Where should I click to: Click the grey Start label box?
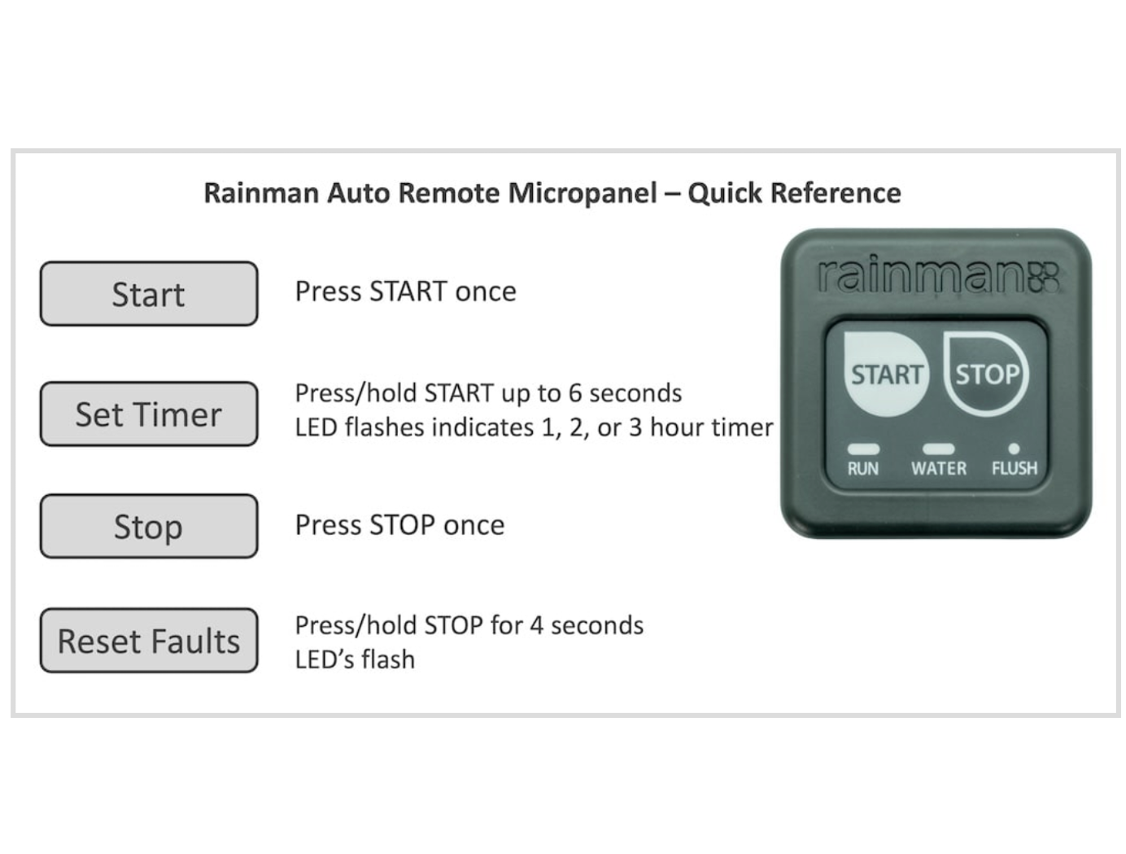point(149,294)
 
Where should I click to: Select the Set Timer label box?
point(149,414)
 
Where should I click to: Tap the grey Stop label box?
point(149,526)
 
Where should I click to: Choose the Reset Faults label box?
point(149,641)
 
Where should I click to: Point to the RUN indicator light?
point(863,449)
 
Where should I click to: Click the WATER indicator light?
point(938,449)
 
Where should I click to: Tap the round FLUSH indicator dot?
point(1014,449)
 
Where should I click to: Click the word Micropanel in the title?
point(583,194)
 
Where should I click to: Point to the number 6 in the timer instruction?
point(575,394)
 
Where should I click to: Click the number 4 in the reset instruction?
point(536,625)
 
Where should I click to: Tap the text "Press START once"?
point(406,291)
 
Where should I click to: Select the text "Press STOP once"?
point(399,525)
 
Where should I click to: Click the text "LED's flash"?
point(355,659)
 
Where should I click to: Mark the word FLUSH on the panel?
point(1015,468)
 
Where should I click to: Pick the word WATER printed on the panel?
point(939,468)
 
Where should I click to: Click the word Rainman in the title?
point(262,194)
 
